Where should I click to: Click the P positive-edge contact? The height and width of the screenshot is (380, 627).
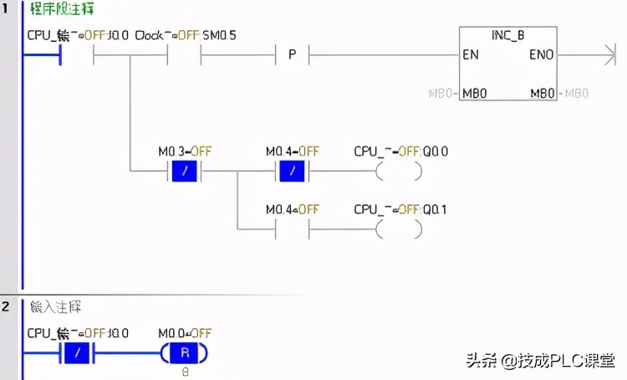(293, 55)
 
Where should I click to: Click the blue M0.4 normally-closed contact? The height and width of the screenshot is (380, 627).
(291, 171)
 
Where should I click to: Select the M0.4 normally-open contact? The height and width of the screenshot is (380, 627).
(291, 228)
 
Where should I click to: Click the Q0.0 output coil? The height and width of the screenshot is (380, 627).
(398, 171)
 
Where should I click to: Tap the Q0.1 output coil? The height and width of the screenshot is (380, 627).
(398, 228)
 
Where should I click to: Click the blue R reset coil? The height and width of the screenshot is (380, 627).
(185, 353)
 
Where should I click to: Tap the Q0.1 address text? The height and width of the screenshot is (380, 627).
(434, 208)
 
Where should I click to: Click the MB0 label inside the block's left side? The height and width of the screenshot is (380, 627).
(475, 93)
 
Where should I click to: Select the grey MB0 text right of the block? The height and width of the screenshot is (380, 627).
(577, 93)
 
